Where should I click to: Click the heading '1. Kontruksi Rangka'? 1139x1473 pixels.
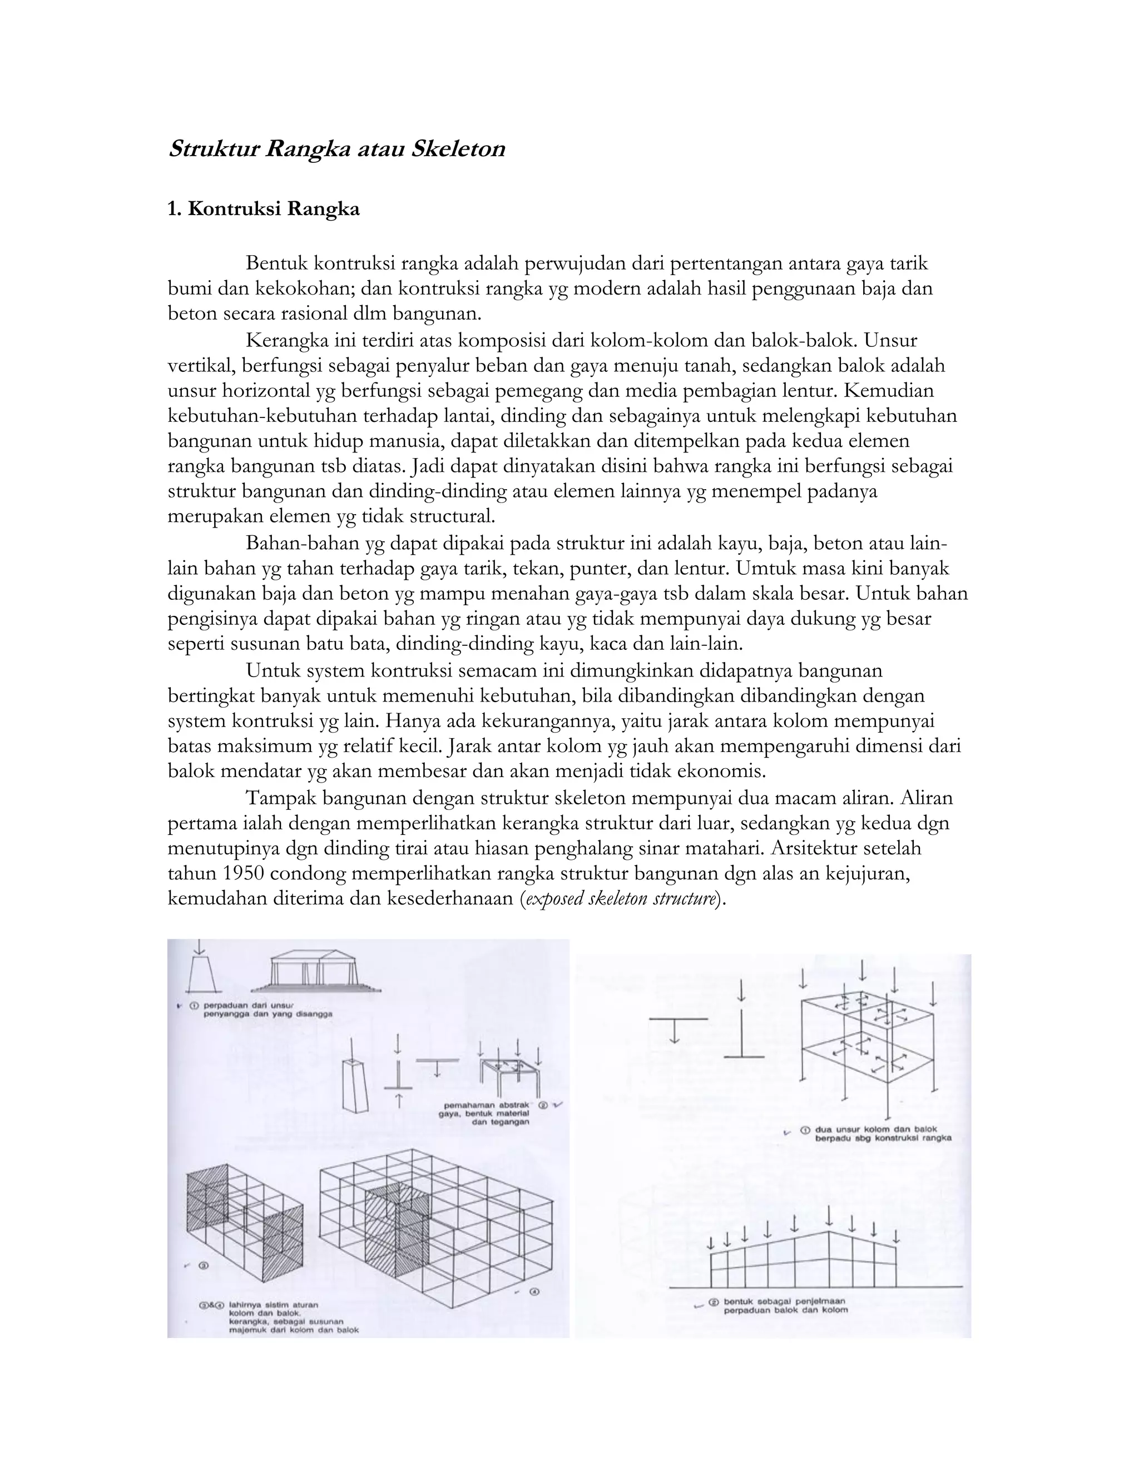pyautogui.click(x=263, y=209)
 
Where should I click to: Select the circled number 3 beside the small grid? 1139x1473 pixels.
pyautogui.click(x=202, y=1266)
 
